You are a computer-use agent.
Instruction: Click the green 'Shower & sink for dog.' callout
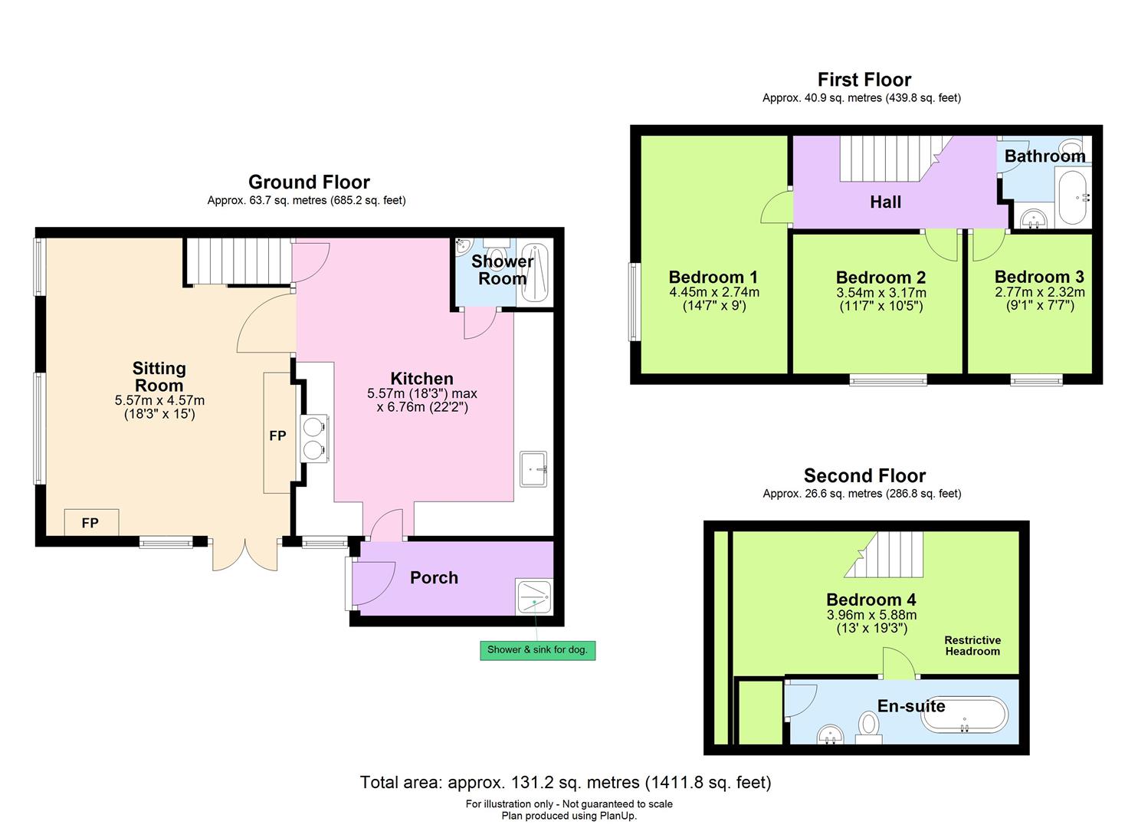tap(537, 650)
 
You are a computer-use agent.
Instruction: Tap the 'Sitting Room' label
tap(159, 377)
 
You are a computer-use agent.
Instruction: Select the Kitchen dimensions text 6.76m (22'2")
tap(422, 407)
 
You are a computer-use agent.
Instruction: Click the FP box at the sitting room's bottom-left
tap(91, 523)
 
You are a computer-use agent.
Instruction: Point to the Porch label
tap(434, 578)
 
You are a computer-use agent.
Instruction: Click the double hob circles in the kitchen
tap(314, 439)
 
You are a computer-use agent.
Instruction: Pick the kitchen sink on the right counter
tap(533, 468)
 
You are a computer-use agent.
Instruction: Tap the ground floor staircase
tap(238, 261)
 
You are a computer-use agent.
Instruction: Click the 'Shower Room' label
tap(502, 270)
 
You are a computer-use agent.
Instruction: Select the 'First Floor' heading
tap(864, 80)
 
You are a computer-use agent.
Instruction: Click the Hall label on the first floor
tap(885, 202)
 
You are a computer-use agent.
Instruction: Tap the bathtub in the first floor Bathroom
tap(1071, 198)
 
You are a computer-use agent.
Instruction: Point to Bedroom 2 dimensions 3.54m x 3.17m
tap(881, 293)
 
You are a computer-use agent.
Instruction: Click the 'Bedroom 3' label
tap(1038, 277)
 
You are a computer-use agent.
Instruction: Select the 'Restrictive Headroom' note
tap(972, 646)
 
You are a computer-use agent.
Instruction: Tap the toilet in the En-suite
tap(868, 725)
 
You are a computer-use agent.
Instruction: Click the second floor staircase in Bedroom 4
tap(889, 554)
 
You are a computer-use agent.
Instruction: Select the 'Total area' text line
tap(566, 783)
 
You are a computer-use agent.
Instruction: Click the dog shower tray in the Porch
tap(534, 596)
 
